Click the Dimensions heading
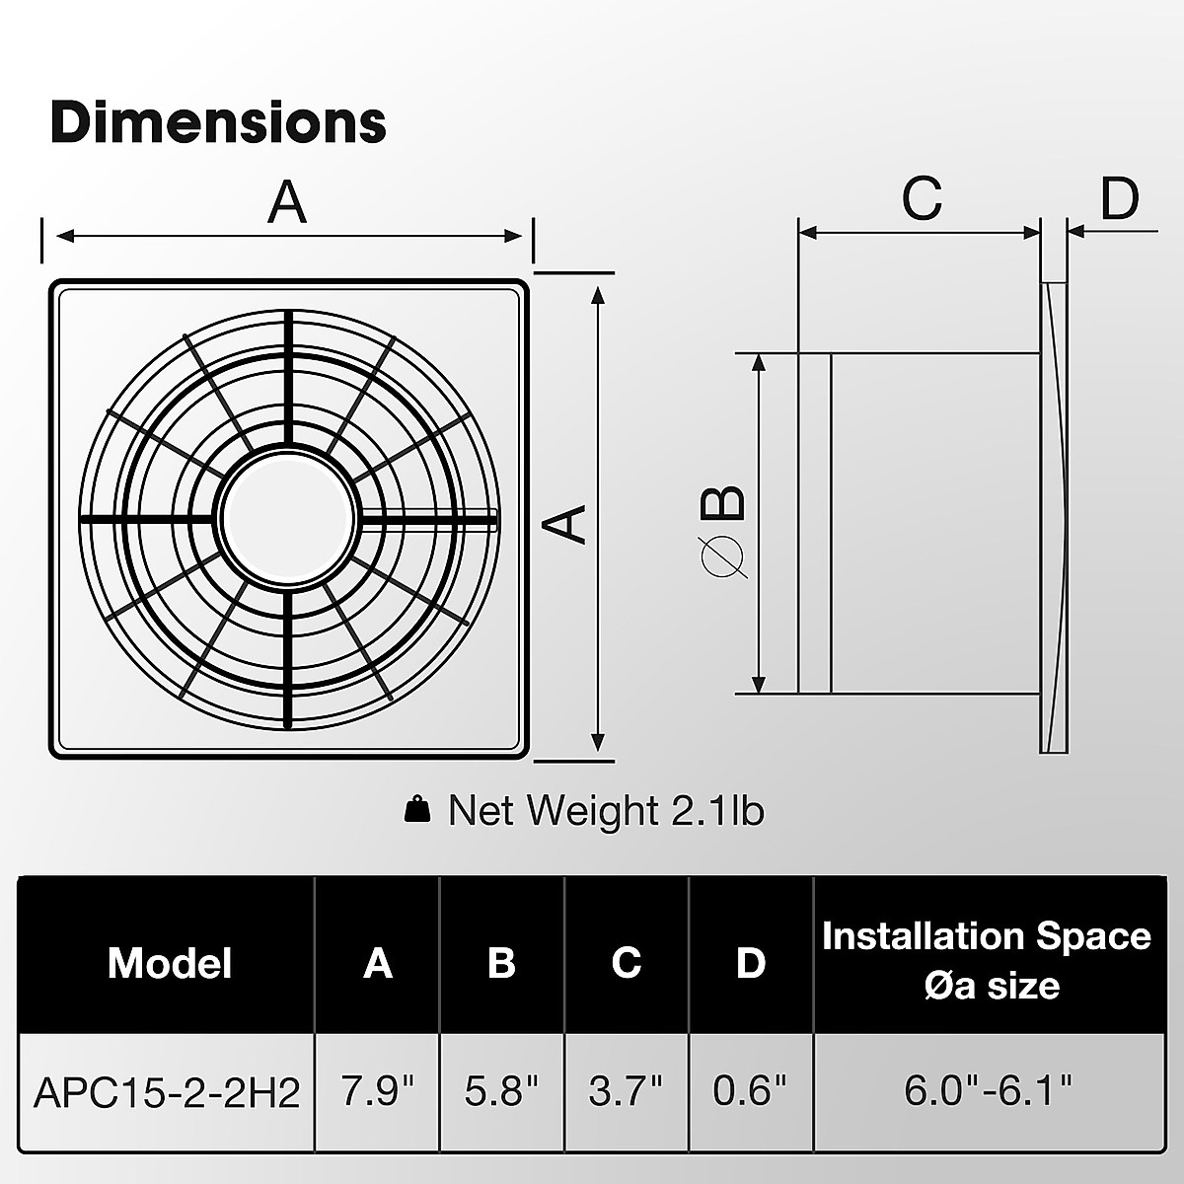tap(218, 122)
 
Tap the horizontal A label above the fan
tap(287, 204)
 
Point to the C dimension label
tap(923, 198)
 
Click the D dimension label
tap(1119, 198)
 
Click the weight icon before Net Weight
tap(418, 810)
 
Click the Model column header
tap(170, 963)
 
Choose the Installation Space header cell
tap(986, 959)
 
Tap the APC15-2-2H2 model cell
tap(167, 1092)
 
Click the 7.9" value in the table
tap(377, 1092)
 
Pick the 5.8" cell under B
tap(501, 1092)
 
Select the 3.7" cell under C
tap(626, 1092)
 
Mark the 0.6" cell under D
tap(750, 1092)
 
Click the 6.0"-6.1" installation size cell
tap(987, 1092)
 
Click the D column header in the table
tap(750, 963)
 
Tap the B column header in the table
tap(501, 963)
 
